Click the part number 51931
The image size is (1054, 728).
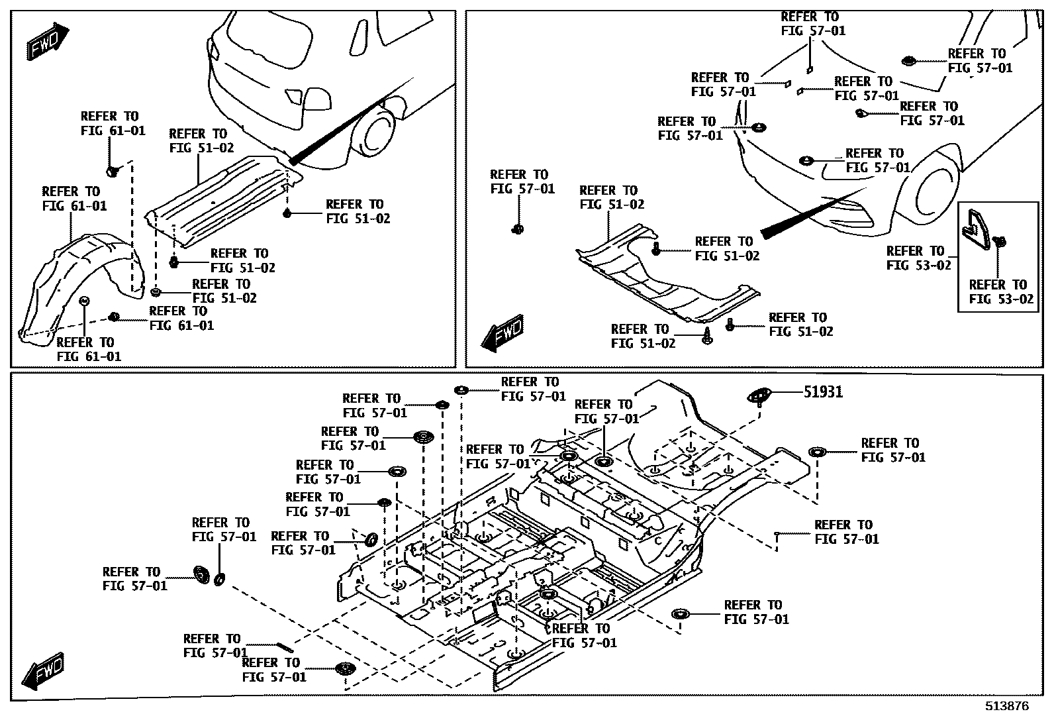[823, 392]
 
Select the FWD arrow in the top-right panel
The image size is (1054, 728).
[501, 333]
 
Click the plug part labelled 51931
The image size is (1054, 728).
[759, 395]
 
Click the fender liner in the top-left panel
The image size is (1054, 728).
[76, 285]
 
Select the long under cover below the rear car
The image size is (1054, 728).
[222, 199]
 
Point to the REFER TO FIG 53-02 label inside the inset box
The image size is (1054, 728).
[1000, 291]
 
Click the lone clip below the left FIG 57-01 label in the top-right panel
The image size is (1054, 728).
[518, 229]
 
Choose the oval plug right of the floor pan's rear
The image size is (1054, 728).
[817, 452]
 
